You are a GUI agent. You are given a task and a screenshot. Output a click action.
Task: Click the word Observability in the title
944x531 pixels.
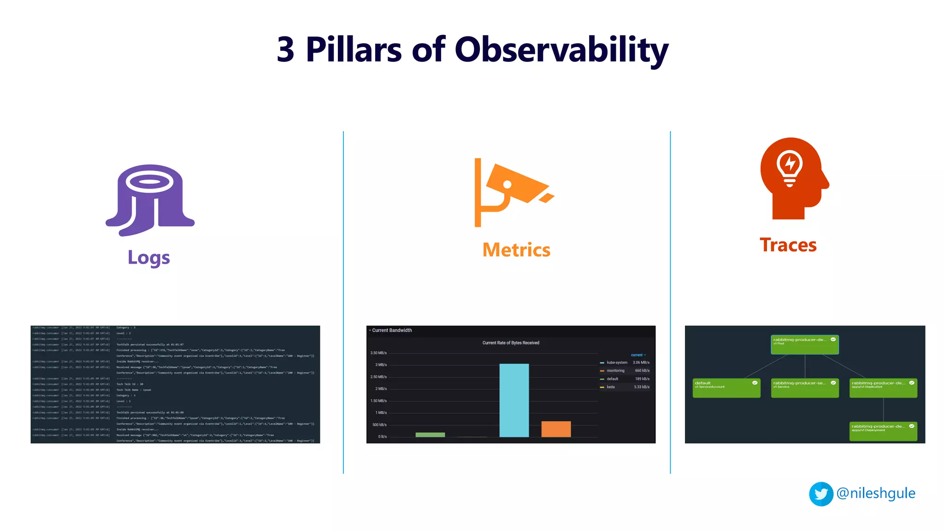[561, 50]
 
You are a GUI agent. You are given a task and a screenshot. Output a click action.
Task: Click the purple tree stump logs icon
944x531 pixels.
[150, 201]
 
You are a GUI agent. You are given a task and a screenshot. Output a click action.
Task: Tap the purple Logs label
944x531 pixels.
[148, 258]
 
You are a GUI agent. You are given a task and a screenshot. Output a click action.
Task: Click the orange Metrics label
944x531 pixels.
[516, 250]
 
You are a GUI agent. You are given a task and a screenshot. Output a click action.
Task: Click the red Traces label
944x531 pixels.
[788, 245]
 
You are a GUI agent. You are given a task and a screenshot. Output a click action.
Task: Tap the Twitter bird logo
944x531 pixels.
[821, 494]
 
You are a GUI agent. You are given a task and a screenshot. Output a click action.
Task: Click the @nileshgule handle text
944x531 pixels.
[876, 493]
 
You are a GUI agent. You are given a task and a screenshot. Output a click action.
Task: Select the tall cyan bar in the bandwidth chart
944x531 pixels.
[514, 400]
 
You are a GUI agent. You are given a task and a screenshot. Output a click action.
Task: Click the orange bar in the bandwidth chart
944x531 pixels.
[556, 429]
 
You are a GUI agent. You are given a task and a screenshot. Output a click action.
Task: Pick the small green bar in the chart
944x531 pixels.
[430, 435]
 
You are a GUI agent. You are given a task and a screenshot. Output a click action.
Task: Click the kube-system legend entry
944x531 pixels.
[617, 363]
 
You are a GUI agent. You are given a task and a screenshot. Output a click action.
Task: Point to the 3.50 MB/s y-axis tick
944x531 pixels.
[378, 353]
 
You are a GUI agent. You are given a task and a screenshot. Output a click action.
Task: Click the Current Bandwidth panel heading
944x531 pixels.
[392, 330]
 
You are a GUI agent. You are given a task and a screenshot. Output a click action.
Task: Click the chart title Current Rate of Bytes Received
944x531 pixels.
[511, 343]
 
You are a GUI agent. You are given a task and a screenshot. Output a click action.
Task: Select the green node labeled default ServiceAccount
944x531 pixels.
[726, 388]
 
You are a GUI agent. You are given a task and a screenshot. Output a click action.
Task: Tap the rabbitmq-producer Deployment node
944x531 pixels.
[883, 431]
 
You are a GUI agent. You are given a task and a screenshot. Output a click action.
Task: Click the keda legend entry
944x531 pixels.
[611, 387]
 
